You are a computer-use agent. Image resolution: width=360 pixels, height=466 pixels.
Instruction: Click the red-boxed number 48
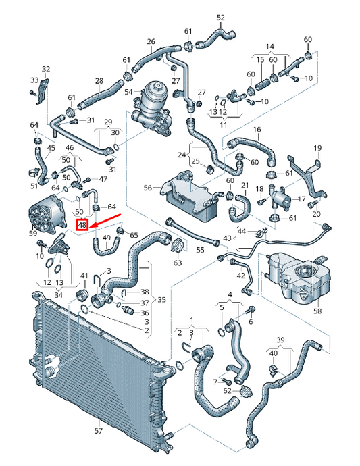pyautogui.click(x=82, y=225)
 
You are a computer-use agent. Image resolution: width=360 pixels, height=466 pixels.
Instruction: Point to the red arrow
pyautogui.click(x=105, y=222)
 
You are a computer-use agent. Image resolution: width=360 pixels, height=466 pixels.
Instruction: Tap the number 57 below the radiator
pyautogui.click(x=98, y=430)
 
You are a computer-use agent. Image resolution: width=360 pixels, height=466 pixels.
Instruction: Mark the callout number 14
pyautogui.click(x=269, y=46)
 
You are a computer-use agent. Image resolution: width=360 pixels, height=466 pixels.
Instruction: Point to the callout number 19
pyautogui.click(x=317, y=147)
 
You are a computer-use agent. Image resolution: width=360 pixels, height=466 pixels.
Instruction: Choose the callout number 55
pyautogui.click(x=200, y=250)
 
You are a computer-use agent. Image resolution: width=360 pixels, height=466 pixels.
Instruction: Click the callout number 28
pyautogui.click(x=99, y=82)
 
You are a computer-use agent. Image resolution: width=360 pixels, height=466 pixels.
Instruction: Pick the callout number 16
pyautogui.click(x=257, y=129)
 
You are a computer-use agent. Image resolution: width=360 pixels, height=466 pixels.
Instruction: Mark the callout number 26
pyautogui.click(x=151, y=41)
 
